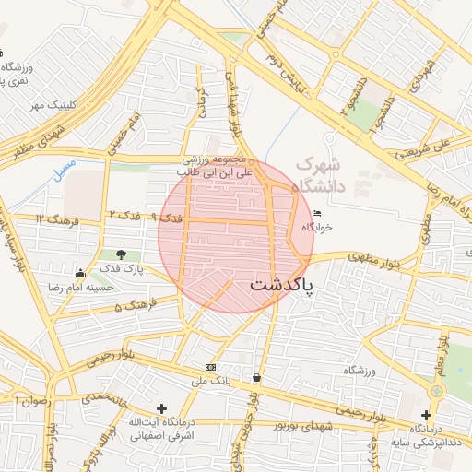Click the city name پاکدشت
point(281,286)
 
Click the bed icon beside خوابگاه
point(317,213)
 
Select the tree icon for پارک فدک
point(122,254)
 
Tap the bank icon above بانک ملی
point(211,366)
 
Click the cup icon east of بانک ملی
point(255,378)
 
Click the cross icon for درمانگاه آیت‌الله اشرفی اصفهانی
point(162,408)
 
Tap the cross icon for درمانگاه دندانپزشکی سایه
point(426,415)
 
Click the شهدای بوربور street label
point(301,426)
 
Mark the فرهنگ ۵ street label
point(133,305)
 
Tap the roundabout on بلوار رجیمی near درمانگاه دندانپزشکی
point(436,391)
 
